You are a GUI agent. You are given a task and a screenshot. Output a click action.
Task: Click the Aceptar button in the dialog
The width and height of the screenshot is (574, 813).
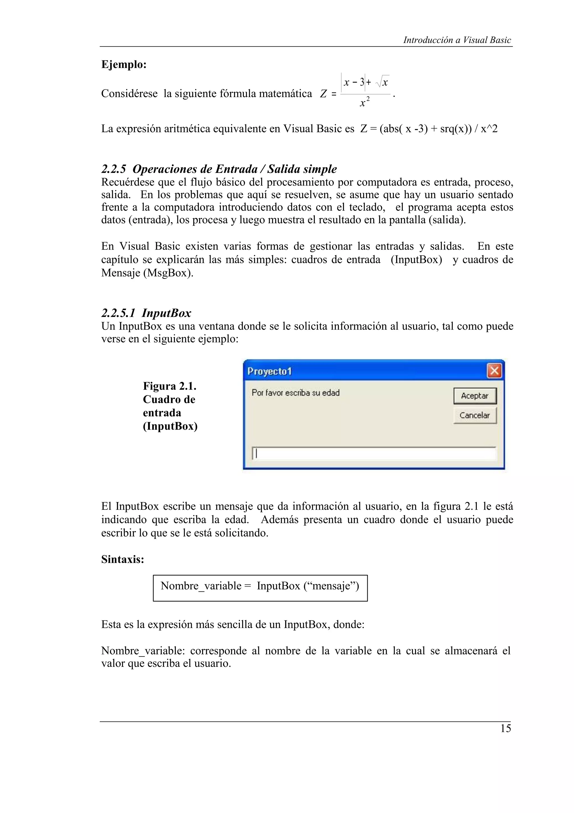click(x=475, y=396)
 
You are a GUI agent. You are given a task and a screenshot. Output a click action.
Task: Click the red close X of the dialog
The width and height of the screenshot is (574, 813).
click(x=494, y=371)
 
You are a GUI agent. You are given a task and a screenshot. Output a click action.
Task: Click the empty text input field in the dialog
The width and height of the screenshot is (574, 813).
click(x=374, y=454)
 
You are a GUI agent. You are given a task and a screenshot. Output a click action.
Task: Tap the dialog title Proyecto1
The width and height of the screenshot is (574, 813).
click(x=270, y=371)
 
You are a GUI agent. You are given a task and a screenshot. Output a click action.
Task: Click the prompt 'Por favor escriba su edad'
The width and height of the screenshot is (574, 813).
click(x=295, y=393)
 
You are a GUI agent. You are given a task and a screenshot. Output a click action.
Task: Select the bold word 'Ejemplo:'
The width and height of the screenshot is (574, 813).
click(x=124, y=65)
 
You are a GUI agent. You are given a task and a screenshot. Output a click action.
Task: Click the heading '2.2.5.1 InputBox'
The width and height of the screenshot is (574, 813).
click(x=146, y=313)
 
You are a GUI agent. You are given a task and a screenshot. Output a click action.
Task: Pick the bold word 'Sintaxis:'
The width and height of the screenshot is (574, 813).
click(x=123, y=559)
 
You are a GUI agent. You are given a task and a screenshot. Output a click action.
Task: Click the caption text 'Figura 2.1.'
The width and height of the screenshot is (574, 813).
click(x=169, y=386)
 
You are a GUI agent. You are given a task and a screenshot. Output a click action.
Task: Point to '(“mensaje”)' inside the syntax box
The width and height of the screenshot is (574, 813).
click(x=331, y=586)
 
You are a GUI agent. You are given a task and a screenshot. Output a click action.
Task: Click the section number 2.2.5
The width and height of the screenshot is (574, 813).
click(x=114, y=169)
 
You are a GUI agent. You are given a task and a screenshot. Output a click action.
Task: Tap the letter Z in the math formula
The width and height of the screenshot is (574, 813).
click(x=323, y=94)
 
